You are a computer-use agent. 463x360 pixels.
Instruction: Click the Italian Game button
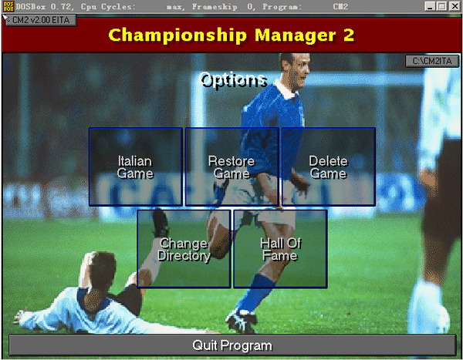coord(136,167)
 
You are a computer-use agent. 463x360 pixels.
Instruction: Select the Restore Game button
coord(232,167)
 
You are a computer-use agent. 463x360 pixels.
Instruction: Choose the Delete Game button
coord(329,167)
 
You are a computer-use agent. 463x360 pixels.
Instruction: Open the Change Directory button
coord(184,249)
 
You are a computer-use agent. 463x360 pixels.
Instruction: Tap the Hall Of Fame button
coord(280,249)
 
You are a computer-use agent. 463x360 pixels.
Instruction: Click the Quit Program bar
coord(232,345)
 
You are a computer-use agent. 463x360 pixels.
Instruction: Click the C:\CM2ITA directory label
coord(432,61)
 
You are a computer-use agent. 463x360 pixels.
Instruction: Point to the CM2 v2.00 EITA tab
coord(41,20)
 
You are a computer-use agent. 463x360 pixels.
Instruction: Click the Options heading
coord(233,79)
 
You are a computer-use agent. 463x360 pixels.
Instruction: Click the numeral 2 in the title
coord(349,35)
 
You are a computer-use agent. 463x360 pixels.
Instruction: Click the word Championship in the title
coord(177,35)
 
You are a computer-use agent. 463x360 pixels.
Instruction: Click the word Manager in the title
coord(296,36)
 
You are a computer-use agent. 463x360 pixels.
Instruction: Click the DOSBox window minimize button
coord(430,6)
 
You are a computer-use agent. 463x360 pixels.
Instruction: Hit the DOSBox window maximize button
coord(442,6)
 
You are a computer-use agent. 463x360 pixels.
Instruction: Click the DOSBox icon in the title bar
coord(8,6)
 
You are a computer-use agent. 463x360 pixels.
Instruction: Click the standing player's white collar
coord(285,89)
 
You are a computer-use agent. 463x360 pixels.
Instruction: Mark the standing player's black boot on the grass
coord(242,321)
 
